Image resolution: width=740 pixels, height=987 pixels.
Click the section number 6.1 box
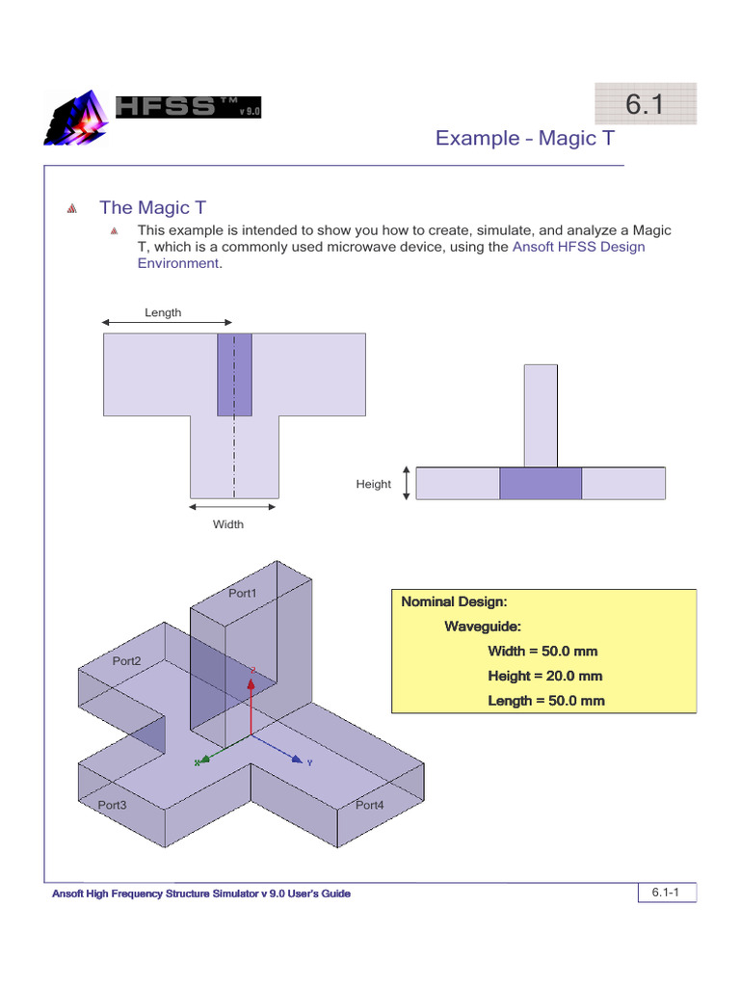645,104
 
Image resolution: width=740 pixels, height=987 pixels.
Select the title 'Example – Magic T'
524,138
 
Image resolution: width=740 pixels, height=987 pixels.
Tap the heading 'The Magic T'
152,208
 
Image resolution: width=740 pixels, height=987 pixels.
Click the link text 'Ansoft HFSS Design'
578,247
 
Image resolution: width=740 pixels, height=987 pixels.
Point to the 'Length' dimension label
163,312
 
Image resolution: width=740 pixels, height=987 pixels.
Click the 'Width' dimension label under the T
228,524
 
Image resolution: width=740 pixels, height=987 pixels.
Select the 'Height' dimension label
373,484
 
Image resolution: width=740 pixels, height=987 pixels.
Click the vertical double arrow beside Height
407,483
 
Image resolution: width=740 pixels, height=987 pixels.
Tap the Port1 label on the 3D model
242,594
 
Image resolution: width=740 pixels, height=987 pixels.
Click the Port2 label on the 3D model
126,661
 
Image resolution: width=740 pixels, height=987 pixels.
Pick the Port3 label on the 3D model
113,804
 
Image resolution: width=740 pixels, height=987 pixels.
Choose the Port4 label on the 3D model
370,804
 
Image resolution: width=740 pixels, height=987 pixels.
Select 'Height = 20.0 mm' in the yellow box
545,676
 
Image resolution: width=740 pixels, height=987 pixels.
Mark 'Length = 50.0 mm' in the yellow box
545,701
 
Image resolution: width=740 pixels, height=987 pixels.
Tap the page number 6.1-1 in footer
666,894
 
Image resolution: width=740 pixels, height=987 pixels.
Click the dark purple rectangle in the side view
541,483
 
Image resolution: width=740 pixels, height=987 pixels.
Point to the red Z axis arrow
252,699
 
